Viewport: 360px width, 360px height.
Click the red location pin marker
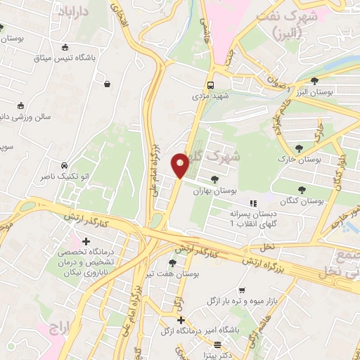(x=180, y=165)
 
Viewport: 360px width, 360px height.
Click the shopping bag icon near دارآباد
(x=106, y=84)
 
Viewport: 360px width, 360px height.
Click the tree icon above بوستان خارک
(x=300, y=148)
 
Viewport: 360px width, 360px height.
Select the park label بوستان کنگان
(x=301, y=200)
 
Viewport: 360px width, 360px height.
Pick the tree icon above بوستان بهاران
(x=214, y=179)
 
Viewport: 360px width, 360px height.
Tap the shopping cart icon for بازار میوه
(x=242, y=290)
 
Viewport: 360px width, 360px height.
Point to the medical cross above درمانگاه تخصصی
(x=86, y=242)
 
